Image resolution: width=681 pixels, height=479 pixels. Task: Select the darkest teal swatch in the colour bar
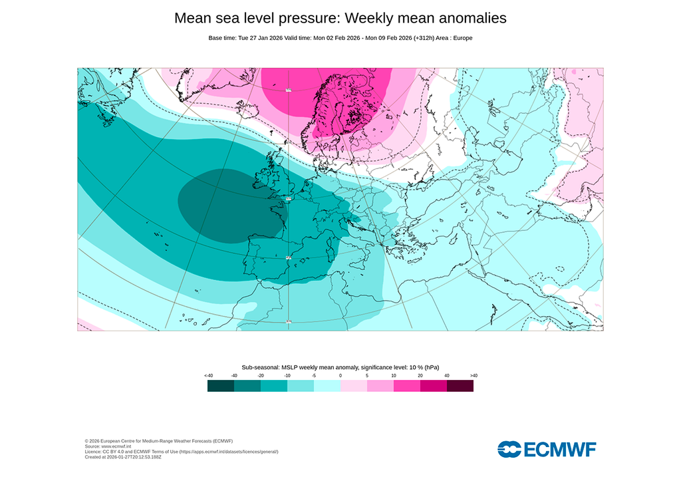tap(221, 386)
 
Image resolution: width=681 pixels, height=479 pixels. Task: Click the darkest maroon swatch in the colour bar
tap(460, 386)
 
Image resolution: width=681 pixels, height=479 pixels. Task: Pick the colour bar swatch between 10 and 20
tap(407, 386)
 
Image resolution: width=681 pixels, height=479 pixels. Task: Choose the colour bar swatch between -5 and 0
tap(327, 386)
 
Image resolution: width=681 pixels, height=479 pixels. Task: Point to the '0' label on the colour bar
tap(340, 376)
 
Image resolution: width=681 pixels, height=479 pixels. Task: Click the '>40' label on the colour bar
tap(473, 376)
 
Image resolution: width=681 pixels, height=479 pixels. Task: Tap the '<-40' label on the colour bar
tap(208, 376)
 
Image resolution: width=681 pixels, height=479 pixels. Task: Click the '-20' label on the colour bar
tap(261, 376)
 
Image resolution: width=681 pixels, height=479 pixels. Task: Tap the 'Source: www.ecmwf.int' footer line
tap(112, 446)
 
